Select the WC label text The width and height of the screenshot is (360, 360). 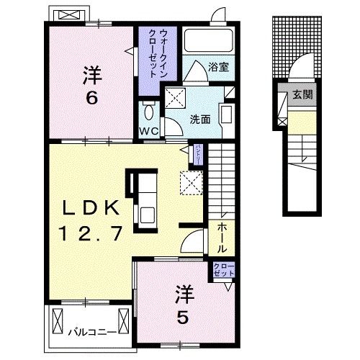pyautogui.click(x=148, y=131)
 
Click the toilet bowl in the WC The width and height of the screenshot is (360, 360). pyautogui.click(x=148, y=112)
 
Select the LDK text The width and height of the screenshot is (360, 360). pyautogui.click(x=89, y=208)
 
